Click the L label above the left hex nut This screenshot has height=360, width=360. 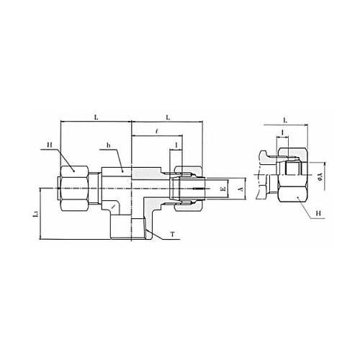(96, 117)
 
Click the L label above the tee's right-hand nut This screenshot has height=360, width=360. (168, 117)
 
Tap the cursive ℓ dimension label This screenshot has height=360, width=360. (156, 131)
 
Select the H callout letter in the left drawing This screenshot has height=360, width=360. (50, 145)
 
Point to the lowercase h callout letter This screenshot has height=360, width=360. (109, 145)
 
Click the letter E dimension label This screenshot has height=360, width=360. (223, 189)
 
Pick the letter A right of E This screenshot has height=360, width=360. (241, 189)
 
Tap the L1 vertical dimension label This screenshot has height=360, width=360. (36, 214)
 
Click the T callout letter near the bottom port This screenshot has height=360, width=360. (172, 234)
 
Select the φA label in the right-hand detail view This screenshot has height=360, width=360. (319, 177)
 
